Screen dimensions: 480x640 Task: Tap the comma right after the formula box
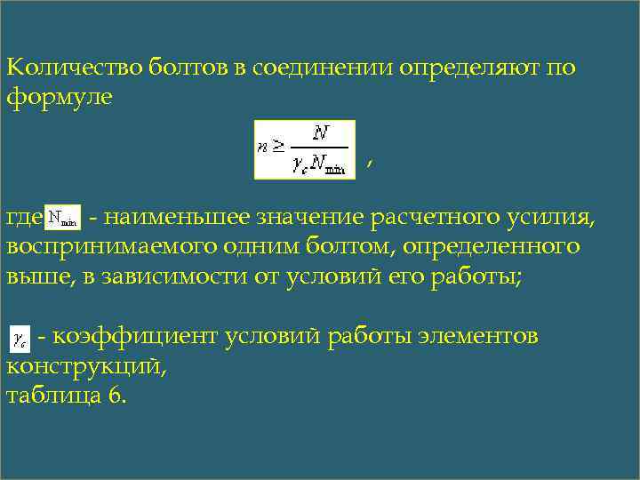coord(368,162)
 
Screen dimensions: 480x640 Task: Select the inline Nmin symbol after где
coord(63,216)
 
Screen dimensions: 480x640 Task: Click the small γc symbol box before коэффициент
coord(20,338)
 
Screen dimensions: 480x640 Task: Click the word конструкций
coord(84,365)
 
